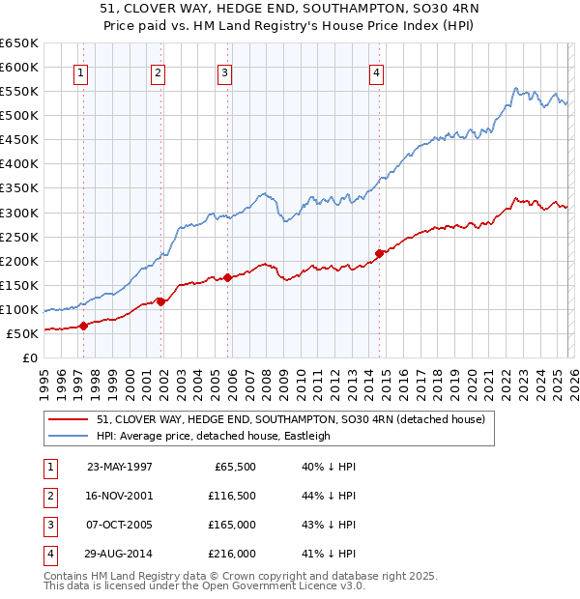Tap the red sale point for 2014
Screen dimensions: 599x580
(380, 253)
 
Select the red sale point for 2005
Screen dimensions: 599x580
(228, 277)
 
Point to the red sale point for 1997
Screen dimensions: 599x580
(84, 326)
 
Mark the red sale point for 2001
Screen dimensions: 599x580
(161, 301)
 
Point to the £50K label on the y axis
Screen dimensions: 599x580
(23, 333)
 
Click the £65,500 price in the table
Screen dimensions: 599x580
(235, 466)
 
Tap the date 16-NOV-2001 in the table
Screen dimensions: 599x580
(120, 496)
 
